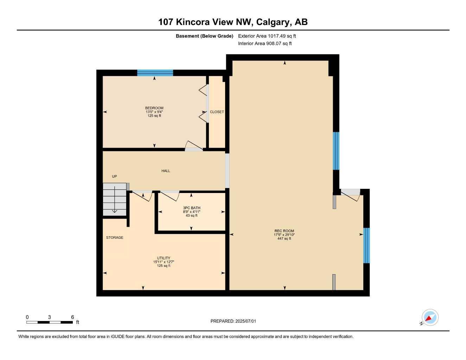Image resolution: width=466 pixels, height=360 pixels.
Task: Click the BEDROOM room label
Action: [x=154, y=108]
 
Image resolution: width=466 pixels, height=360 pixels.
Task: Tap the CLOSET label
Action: [x=217, y=112]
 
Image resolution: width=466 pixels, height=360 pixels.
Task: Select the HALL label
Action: [x=166, y=171]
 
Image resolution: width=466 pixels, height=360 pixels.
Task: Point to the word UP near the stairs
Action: [x=114, y=176]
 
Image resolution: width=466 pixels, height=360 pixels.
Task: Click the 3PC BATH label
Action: [x=192, y=208]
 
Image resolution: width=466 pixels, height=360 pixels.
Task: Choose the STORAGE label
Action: [x=115, y=237]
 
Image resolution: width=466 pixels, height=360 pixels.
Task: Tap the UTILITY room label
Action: [x=164, y=258]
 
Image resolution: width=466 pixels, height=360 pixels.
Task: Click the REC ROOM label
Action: [x=284, y=231]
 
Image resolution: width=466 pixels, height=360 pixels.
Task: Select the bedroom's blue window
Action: [x=155, y=73]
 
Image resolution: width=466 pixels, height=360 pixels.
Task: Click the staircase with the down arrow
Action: [x=115, y=199]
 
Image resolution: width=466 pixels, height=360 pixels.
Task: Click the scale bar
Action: [x=50, y=322]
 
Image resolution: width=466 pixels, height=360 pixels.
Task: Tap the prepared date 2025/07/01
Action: [x=245, y=321]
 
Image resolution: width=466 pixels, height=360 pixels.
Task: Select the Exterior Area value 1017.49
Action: [x=276, y=36]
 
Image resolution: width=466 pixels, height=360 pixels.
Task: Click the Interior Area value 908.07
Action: [x=274, y=44]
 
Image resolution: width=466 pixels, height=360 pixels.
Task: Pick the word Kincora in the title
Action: [x=193, y=22]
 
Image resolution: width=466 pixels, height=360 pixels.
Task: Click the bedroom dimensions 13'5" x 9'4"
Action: [x=154, y=112]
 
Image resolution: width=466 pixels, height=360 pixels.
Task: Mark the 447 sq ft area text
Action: [x=284, y=238]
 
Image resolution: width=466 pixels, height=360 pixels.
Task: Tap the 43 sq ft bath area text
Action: [x=192, y=216]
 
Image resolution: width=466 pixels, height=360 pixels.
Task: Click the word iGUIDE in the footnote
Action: [x=117, y=337]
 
